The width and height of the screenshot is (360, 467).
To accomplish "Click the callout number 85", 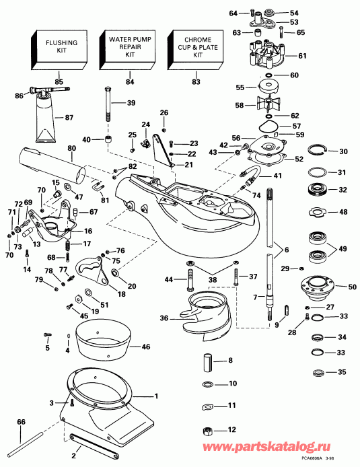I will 59,82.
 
